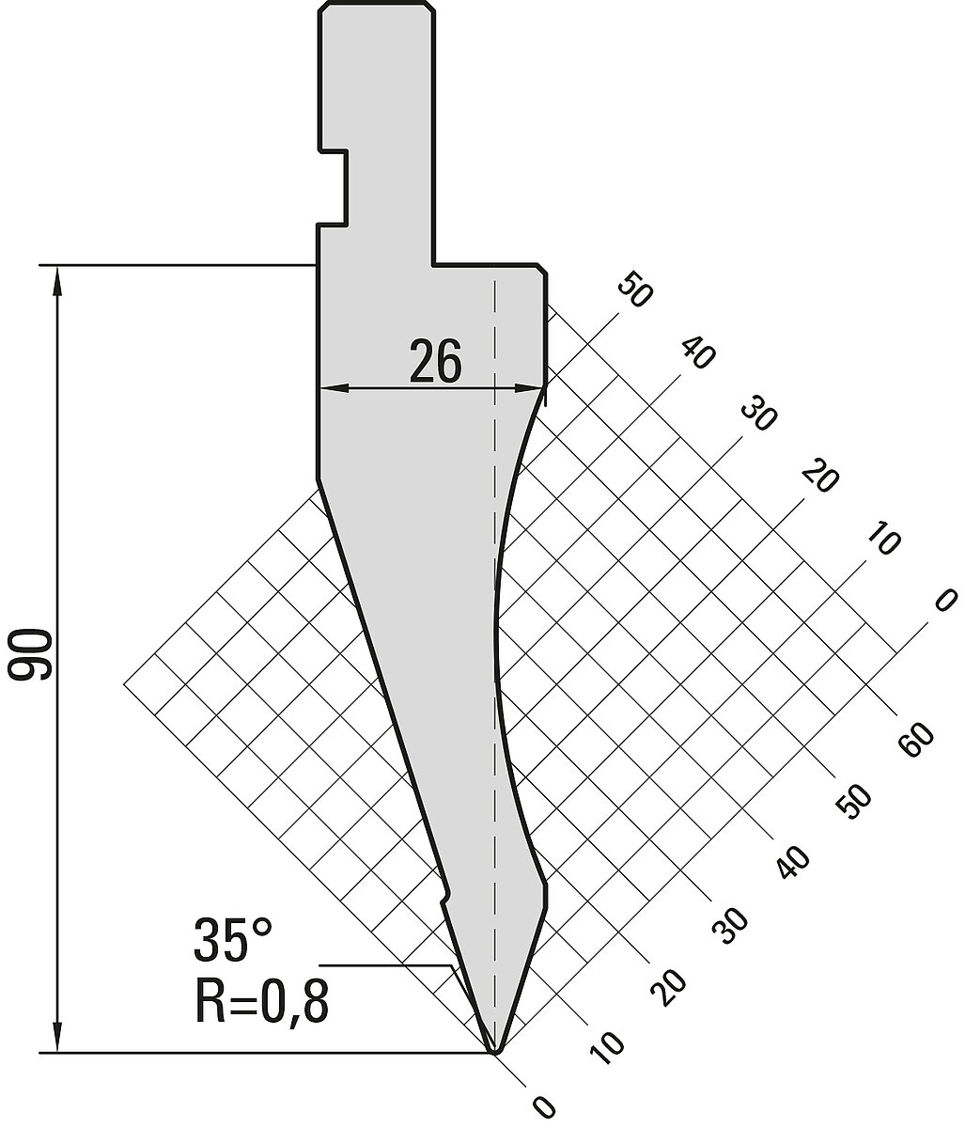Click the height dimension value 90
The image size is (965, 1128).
coord(30,655)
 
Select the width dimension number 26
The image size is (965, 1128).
coord(435,361)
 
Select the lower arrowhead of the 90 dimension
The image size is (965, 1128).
coord(56,1035)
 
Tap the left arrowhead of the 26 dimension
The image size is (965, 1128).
coord(334,388)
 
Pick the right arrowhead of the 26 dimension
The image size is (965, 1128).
coord(530,388)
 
